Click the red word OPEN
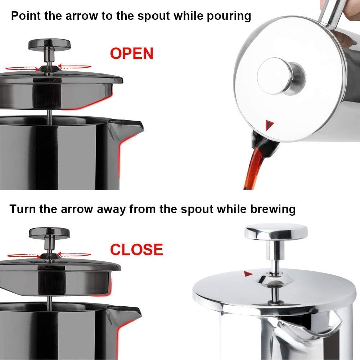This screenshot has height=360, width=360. click(132, 54)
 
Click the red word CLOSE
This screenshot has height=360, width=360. click(136, 249)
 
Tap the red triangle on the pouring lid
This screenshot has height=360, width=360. click(270, 125)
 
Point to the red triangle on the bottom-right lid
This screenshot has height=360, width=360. click(247, 274)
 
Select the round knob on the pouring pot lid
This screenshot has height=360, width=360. click(281, 76)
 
